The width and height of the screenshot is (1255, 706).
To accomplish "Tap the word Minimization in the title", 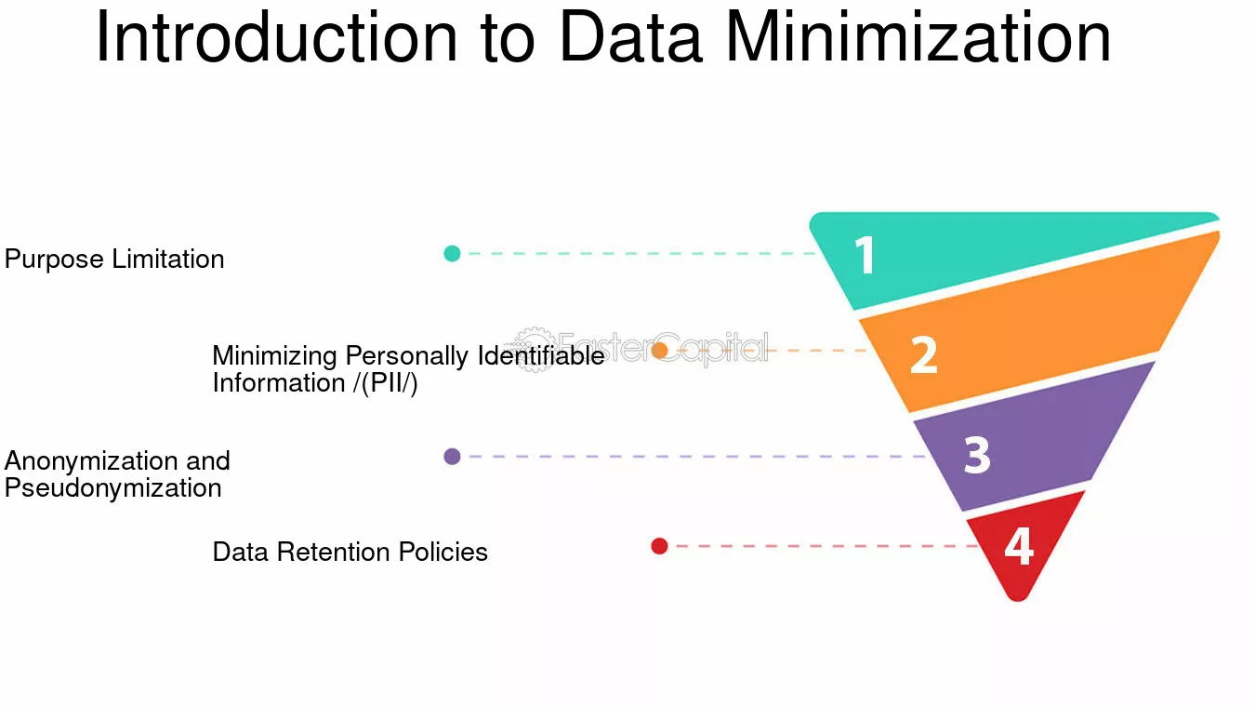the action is point(918,37).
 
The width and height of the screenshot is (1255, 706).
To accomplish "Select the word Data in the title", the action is point(631,37).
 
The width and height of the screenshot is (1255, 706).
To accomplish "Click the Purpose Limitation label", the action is point(114,260).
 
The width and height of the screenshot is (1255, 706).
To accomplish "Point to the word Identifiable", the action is point(541,355).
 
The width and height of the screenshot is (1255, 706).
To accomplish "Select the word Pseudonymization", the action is point(113,487).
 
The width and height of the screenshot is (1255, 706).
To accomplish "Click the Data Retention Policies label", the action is point(350,552).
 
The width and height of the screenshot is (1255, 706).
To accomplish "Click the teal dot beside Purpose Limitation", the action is point(452,253).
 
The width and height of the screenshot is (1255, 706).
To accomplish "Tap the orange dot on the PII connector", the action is point(659,351).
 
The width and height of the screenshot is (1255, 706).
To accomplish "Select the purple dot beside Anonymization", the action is point(452,457).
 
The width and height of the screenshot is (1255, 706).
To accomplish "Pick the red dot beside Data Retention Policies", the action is point(659,546).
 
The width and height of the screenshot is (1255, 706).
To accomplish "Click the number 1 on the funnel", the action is point(865,255).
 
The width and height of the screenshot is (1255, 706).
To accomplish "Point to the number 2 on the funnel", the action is point(924,355).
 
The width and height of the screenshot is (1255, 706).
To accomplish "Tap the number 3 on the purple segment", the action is point(977,455).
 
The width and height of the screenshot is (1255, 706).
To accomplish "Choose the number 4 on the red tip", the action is point(1019,546).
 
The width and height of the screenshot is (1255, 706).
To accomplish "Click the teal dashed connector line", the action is point(641,253).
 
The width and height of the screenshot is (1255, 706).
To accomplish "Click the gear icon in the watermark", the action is point(534,350).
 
